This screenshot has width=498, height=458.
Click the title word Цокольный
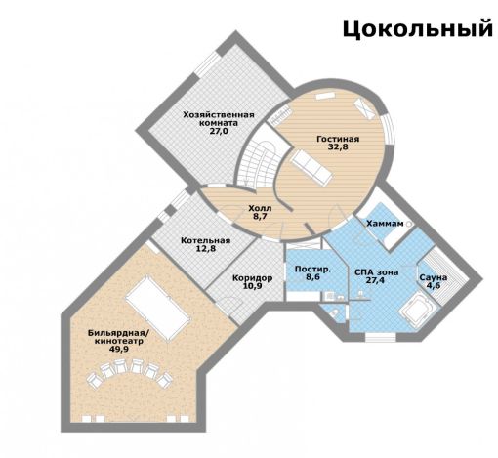[416, 29]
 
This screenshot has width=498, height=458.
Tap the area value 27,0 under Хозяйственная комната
[218, 131]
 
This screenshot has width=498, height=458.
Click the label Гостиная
[337, 140]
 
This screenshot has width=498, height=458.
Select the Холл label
[260, 208]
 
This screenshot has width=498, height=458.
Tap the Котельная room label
[205, 240]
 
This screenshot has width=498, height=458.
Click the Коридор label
[252, 278]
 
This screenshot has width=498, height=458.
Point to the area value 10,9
[252, 288]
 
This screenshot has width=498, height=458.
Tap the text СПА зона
[377, 269]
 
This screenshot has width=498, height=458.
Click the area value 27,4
[377, 279]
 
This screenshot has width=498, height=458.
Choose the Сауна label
[434, 277]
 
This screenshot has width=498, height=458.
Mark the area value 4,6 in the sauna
[434, 287]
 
